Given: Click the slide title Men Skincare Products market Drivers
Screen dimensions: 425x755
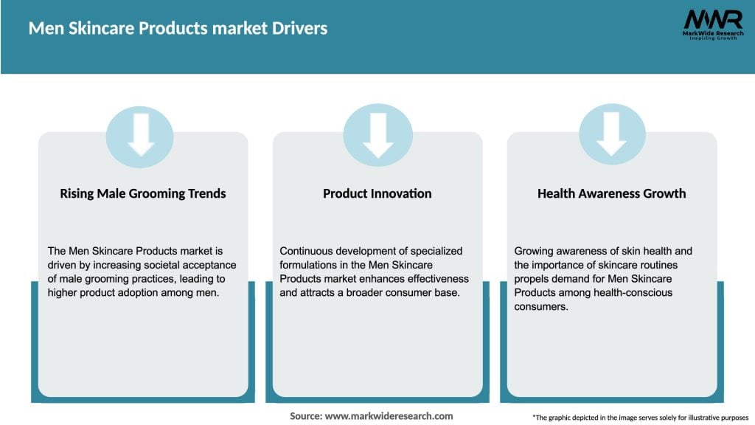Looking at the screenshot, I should pos(178,29).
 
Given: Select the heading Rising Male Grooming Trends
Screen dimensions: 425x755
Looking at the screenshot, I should pos(143,193).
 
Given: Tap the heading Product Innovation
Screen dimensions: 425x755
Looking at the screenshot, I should pos(377,193).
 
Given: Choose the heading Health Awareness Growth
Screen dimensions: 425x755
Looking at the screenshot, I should pos(611,193).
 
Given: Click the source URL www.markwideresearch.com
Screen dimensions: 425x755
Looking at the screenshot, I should pos(389,416).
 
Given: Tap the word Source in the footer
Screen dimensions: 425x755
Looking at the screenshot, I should pos(305,416).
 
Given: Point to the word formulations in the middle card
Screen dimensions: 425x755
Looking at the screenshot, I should pos(312,265).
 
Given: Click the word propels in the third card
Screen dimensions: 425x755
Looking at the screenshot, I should pos(533,279).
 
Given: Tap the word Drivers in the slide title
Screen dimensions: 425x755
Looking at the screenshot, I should pos(299,29).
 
